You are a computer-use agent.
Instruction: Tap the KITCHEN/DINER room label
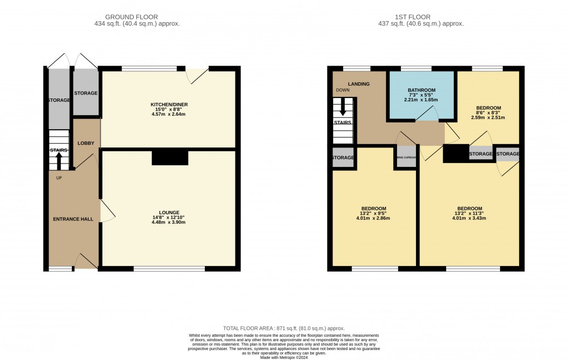coord(169,105)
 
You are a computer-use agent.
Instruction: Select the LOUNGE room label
coord(169,213)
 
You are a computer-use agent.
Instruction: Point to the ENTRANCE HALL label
coord(73,219)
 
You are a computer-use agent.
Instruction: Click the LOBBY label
coord(86,144)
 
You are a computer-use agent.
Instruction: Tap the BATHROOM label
coord(421,90)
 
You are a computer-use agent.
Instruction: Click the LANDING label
coord(359,84)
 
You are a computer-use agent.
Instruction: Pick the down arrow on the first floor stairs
coord(342,106)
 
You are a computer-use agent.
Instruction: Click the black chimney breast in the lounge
coord(170,158)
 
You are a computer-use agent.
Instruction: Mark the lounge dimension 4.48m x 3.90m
coord(169,222)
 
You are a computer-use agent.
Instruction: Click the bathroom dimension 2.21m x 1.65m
coord(421,100)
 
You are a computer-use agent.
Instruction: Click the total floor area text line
coord(284,329)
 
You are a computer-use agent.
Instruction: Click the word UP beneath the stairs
coord(59,178)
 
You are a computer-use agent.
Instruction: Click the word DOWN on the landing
coord(342,90)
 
